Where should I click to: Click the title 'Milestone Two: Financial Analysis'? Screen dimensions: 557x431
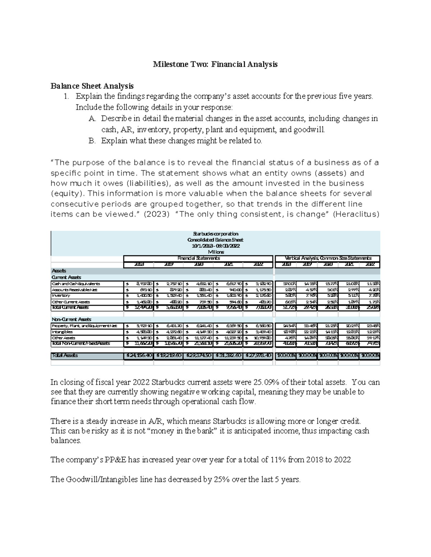point(215,64)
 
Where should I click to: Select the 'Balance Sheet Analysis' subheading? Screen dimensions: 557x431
point(92,86)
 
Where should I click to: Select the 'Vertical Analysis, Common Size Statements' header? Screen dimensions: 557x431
point(328,258)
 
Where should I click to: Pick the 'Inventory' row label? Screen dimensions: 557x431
point(61,296)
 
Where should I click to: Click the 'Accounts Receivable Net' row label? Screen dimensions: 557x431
point(74,290)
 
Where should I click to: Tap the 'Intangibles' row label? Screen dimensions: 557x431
point(62,332)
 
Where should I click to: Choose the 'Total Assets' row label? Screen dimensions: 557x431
point(65,355)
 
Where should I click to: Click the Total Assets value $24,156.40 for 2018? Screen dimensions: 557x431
point(138,355)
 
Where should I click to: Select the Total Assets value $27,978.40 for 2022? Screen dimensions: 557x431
point(258,355)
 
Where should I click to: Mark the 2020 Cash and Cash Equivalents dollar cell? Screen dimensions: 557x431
point(198,284)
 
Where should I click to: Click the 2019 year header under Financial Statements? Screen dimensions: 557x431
point(168,264)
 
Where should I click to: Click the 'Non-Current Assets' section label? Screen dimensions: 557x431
point(72,319)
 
